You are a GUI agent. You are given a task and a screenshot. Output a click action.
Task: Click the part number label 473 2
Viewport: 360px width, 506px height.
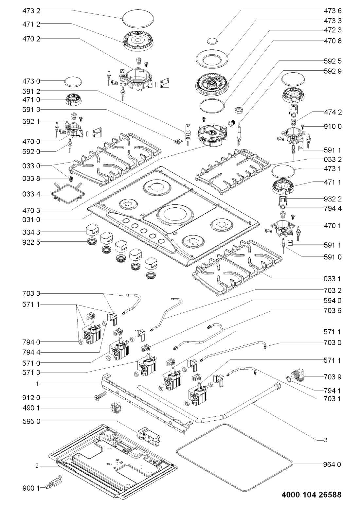point(31,11)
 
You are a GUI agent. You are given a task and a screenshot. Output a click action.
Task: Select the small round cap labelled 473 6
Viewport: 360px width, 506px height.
point(212,41)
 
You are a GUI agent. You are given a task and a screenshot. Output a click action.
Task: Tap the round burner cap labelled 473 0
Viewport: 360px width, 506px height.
point(73,82)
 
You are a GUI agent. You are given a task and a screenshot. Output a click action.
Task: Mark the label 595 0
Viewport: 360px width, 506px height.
point(31,421)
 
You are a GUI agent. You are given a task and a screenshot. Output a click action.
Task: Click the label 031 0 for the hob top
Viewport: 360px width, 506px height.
point(31,218)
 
